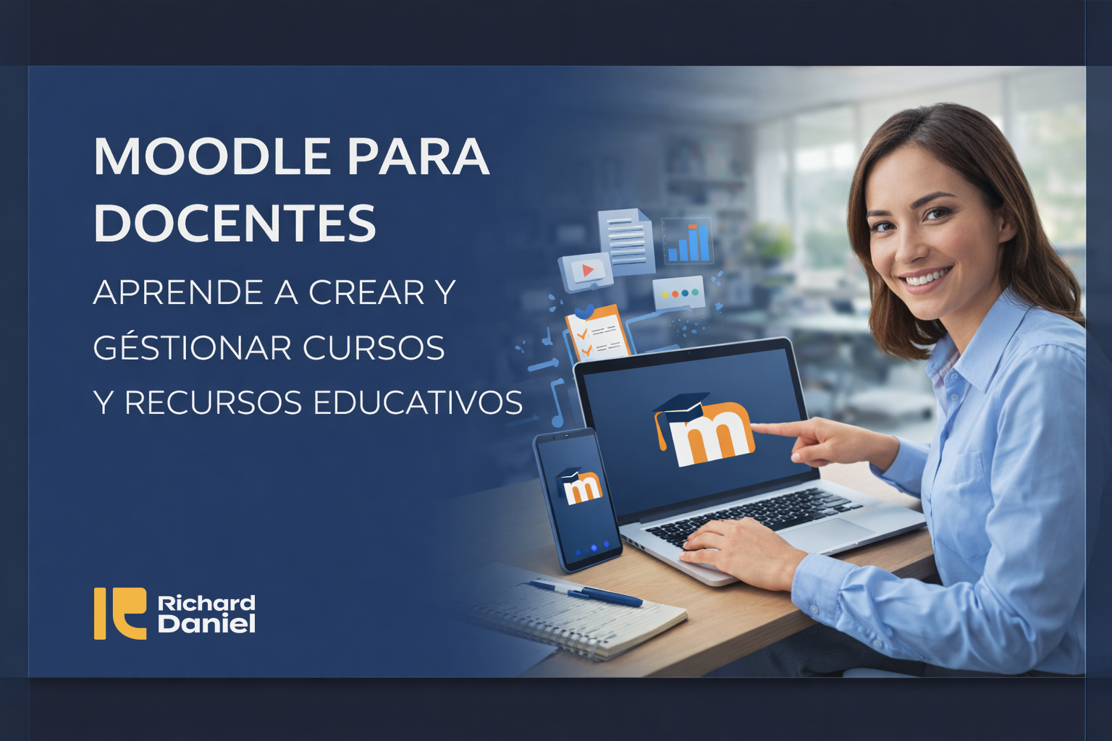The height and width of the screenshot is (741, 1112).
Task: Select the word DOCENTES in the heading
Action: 235,223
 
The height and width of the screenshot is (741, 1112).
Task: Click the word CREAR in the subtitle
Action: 366,292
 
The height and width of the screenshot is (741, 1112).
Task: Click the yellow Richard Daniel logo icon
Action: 119,613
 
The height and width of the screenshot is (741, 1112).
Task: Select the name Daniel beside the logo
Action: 206,624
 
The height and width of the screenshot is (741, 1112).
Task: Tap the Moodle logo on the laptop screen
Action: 706,431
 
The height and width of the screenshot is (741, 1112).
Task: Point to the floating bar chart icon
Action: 688,241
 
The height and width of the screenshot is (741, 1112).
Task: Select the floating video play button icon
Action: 585,271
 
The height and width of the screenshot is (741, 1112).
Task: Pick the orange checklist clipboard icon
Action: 594,334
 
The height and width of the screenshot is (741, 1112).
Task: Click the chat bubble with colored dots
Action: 678,294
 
